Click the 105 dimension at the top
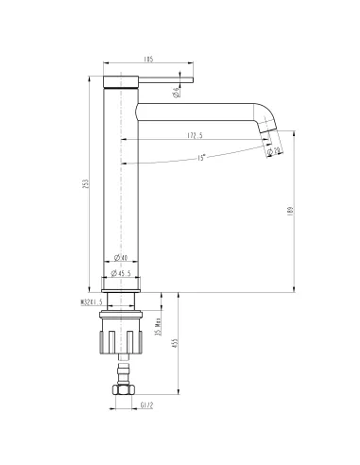click(x=148, y=60)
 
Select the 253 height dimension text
click(x=87, y=182)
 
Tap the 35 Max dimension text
click(x=160, y=332)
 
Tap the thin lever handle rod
click(x=166, y=79)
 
